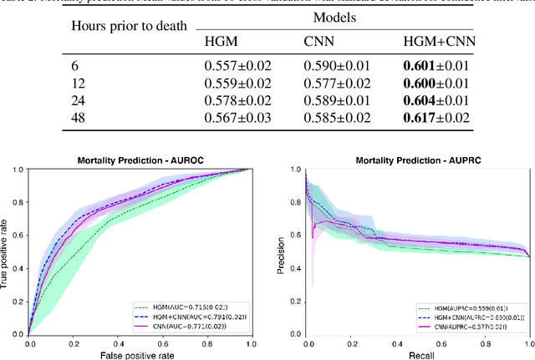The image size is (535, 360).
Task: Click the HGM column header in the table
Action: [220, 43]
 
